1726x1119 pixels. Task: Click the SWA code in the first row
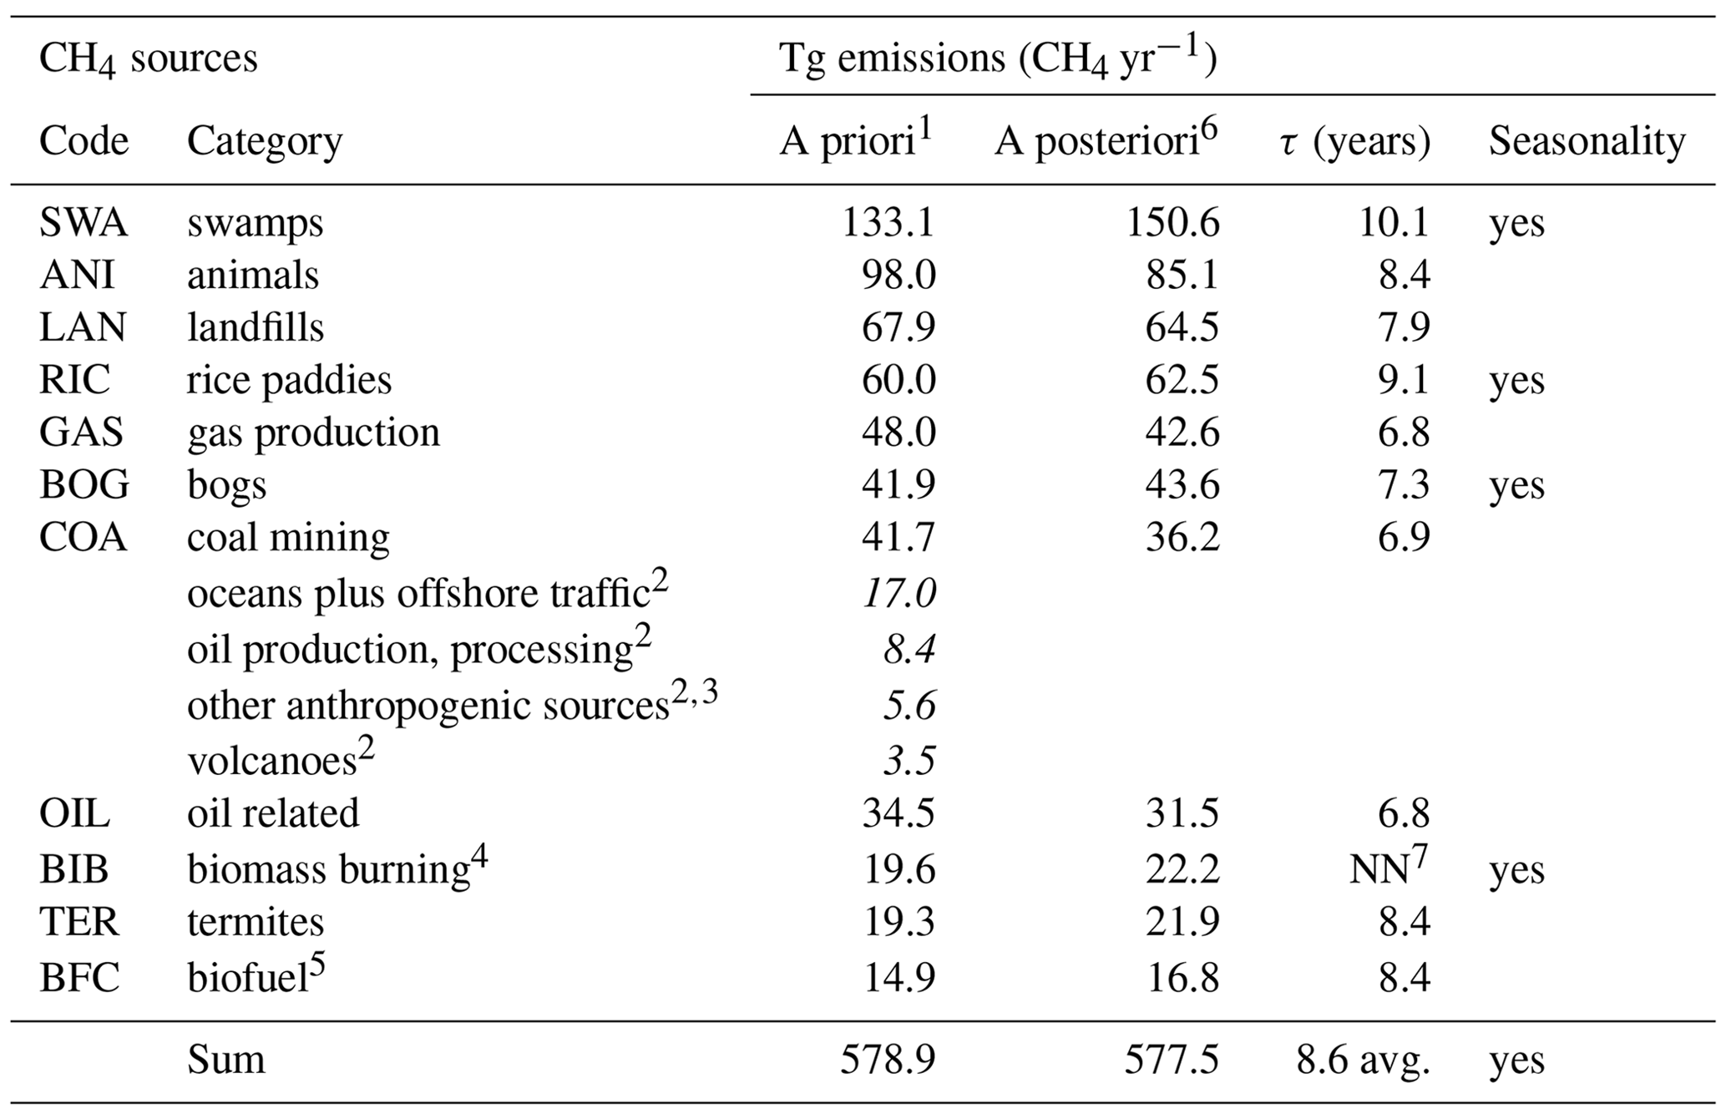[x=84, y=223]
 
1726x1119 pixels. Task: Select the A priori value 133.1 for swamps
[x=888, y=223]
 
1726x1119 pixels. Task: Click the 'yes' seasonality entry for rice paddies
[x=1516, y=380]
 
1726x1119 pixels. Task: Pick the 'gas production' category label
[x=313, y=433]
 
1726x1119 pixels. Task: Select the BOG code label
[x=84, y=484]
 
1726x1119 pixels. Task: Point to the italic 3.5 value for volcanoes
[x=909, y=760]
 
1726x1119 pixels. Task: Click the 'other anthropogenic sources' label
[x=428, y=706]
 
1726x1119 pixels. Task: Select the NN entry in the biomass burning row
[x=1379, y=869]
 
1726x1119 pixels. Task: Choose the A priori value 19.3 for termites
[x=898, y=922]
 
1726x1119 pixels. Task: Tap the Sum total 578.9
[x=888, y=1060]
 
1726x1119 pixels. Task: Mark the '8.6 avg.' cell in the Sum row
[x=1363, y=1060]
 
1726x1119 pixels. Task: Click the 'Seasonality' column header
[x=1587, y=141]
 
